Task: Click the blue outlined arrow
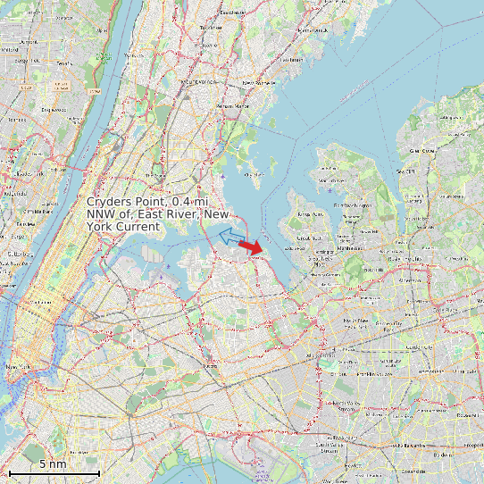tap(229, 236)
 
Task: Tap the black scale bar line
tap(53, 472)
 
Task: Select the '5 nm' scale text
tap(52, 463)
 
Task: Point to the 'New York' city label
tap(20, 366)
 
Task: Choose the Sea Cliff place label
tap(406, 171)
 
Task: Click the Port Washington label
tap(357, 206)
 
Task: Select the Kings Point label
tap(310, 214)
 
